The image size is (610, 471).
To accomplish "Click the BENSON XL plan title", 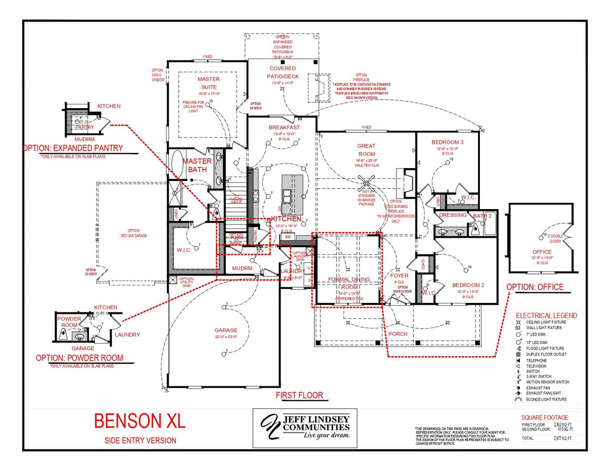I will pyautogui.click(x=140, y=421).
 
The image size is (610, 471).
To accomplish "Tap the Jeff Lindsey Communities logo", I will pyautogui.click(x=305, y=427).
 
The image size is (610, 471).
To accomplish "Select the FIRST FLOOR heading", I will pyautogui.click(x=299, y=395).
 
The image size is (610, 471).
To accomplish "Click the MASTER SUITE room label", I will pyautogui.click(x=209, y=83).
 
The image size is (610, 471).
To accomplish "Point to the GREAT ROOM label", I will pyautogui.click(x=366, y=150).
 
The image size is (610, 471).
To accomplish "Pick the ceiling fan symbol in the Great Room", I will pyautogui.click(x=366, y=183).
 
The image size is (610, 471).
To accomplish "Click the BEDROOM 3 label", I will pyautogui.click(x=447, y=142).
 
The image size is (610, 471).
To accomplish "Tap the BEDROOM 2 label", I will pyautogui.click(x=468, y=285).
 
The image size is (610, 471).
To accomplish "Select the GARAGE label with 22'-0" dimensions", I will pyautogui.click(x=226, y=330).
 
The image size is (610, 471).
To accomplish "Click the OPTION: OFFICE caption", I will pyautogui.click(x=535, y=287).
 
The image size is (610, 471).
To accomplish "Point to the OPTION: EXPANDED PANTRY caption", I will pyautogui.click(x=73, y=148).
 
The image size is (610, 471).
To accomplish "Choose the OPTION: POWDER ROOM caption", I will pyautogui.click(x=80, y=358).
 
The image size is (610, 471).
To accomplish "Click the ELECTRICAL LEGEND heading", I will pyautogui.click(x=546, y=315).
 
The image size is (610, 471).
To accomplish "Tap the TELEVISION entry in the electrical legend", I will pyautogui.click(x=536, y=366).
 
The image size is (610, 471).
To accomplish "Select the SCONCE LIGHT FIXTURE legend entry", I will pyautogui.click(x=546, y=399).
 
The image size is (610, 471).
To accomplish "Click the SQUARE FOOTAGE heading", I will pyautogui.click(x=545, y=417).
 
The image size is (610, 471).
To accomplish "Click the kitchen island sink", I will pyautogui.click(x=288, y=196).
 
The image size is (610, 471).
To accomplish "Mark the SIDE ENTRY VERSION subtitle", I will pyautogui.click(x=140, y=441).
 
